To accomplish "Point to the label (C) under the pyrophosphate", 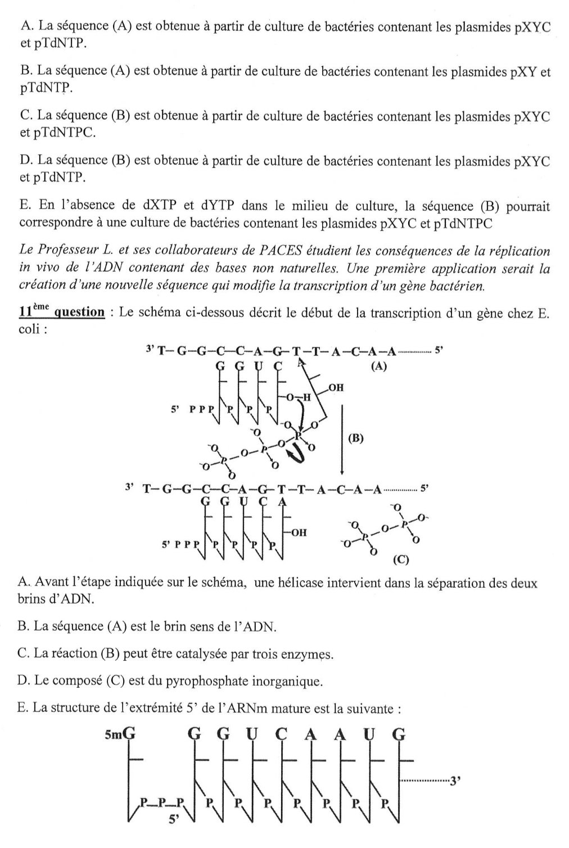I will pyautogui.click(x=400, y=560).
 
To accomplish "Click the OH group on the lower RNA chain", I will pyautogui.click(x=299, y=532).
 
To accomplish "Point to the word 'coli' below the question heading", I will pyautogui.click(x=29, y=329).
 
